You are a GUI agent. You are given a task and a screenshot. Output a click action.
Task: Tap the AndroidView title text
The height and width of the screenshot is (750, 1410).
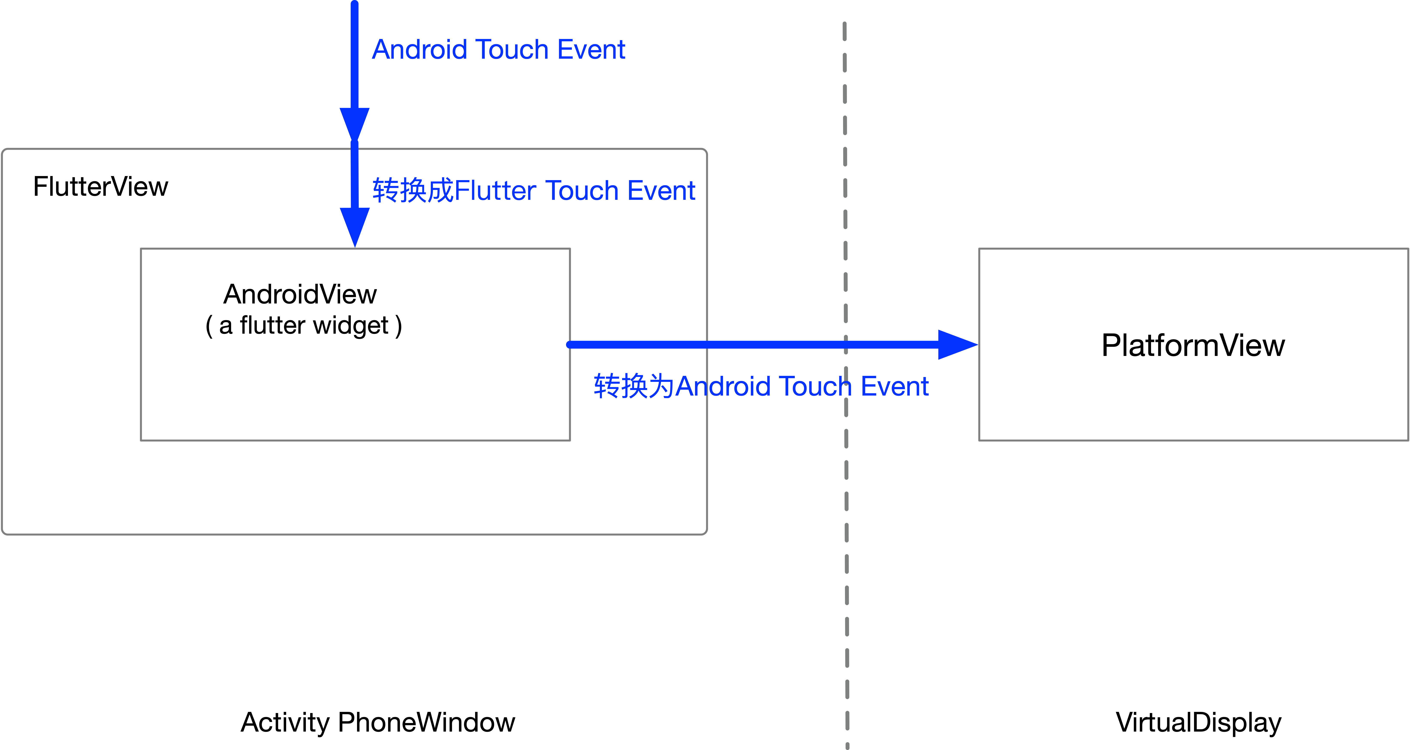300,294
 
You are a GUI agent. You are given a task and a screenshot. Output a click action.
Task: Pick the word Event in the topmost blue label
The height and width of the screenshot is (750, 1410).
591,50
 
